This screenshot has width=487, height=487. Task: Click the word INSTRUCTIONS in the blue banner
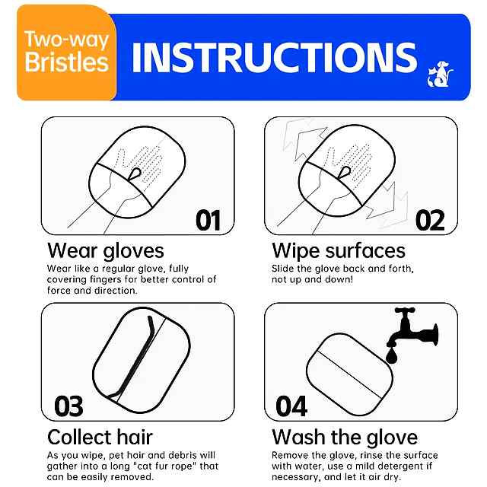coord(275,58)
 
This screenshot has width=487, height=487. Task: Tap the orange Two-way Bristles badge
coord(66,53)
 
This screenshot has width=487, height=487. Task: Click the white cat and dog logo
coord(440,75)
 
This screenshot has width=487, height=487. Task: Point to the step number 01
coord(208,220)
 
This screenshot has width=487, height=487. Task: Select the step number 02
coord(430,220)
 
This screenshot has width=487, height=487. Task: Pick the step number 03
coord(68,406)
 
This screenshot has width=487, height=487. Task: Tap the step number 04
coord(291,406)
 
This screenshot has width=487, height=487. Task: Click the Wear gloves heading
coord(106,251)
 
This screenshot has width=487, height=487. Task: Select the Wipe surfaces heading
coord(339,251)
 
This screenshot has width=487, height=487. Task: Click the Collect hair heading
coord(100,438)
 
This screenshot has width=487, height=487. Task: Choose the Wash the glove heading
coord(345,438)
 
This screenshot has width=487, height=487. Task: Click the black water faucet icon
coord(412,329)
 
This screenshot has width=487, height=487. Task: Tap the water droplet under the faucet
coord(392,356)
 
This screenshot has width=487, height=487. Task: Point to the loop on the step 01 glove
coord(135,174)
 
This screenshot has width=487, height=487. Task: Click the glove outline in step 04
coord(349,374)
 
